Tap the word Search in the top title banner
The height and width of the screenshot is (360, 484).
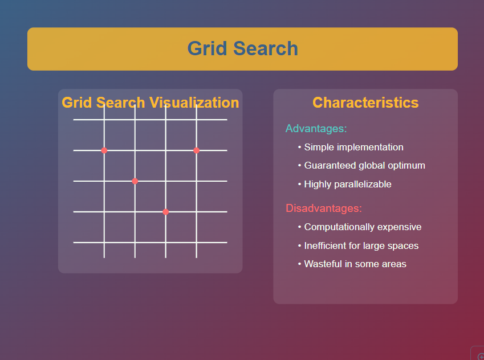(x=265, y=49)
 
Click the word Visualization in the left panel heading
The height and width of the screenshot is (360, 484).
(x=194, y=103)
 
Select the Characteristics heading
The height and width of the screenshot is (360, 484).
(x=365, y=103)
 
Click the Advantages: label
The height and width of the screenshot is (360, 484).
(x=316, y=128)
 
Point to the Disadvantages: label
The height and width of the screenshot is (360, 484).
(x=324, y=208)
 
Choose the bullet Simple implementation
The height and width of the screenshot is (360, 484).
(x=353, y=147)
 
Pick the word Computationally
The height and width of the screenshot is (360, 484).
(x=339, y=227)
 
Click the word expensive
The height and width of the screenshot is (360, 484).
(x=399, y=227)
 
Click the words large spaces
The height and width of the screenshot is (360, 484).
(x=390, y=246)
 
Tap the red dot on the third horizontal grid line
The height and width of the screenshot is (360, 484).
(x=135, y=181)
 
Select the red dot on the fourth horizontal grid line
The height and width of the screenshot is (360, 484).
(x=165, y=212)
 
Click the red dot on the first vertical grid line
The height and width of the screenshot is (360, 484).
(x=104, y=150)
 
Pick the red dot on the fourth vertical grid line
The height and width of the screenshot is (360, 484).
(x=196, y=150)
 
